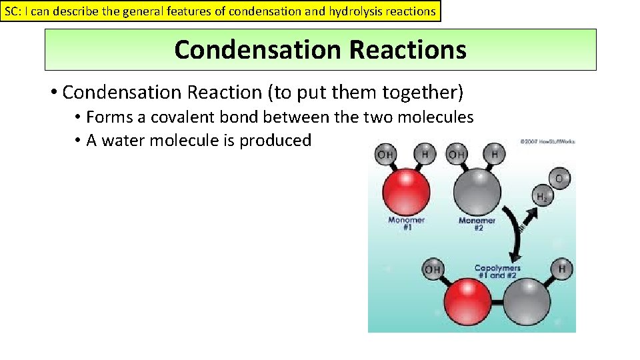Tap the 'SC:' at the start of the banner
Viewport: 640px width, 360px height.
coord(13,11)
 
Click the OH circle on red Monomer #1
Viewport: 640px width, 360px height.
coord(385,155)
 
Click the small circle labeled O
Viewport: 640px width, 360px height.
coord(558,178)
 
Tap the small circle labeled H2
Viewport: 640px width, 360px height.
coord(541,196)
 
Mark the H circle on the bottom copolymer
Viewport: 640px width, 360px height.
coord(562,269)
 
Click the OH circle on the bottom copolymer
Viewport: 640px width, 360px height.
coord(433,270)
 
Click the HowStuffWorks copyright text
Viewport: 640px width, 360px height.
coord(547,141)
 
